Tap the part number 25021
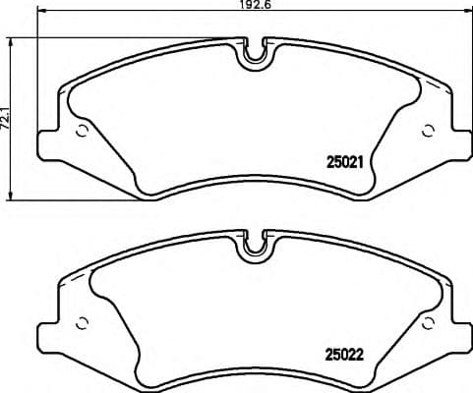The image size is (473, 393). coord(344,165)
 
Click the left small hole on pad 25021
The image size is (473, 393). coord(82,130)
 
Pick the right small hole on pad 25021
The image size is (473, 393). coord(427,130)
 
